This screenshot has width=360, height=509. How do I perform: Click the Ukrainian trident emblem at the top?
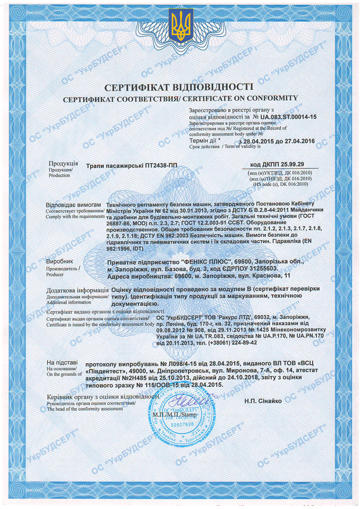[180, 27]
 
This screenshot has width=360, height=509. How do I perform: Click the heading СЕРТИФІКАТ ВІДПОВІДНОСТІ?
[180, 87]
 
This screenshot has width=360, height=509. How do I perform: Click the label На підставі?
[61, 362]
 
